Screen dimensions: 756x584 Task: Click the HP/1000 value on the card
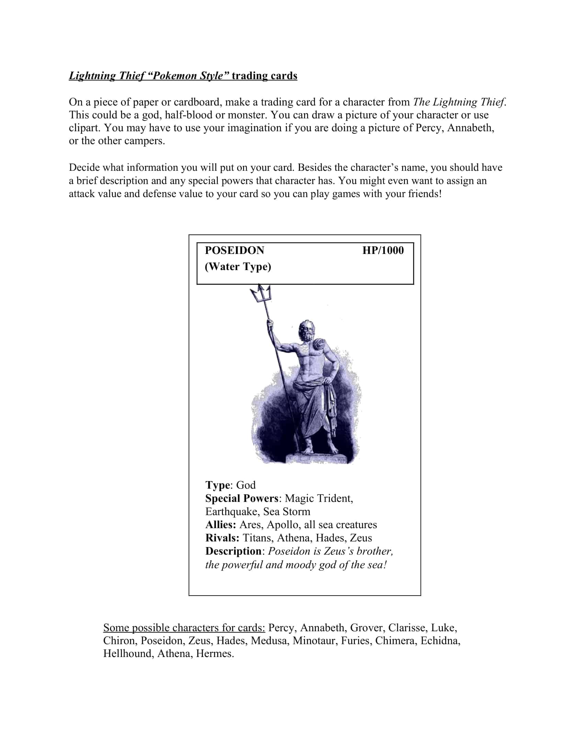pos(383,250)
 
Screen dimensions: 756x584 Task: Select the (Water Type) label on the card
pos(238,267)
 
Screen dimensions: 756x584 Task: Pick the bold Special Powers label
pos(242,499)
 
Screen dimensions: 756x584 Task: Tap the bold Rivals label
pos(222,538)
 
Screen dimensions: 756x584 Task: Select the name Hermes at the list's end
pos(214,654)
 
